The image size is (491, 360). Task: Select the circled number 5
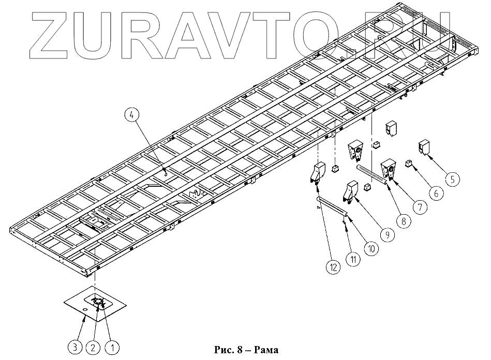[452, 179]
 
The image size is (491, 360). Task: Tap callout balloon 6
[435, 193]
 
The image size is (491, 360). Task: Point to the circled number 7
[419, 207]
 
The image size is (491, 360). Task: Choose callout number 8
[403, 220]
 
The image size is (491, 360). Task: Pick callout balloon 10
[369, 248]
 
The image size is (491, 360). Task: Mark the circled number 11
[352, 258]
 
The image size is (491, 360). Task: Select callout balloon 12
[333, 267]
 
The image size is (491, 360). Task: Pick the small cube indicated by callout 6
[408, 164]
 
